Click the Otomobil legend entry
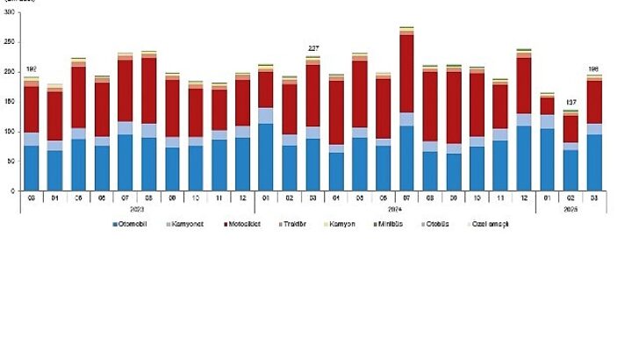coord(134,224)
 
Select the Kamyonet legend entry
coord(188,224)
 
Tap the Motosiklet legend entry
coord(245,224)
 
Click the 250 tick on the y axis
coord(9,41)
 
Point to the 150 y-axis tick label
coord(9,101)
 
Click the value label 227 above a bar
coord(312,48)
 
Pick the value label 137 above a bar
coord(571,102)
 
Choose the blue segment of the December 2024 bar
coord(524,158)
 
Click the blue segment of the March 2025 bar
coord(594,162)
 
